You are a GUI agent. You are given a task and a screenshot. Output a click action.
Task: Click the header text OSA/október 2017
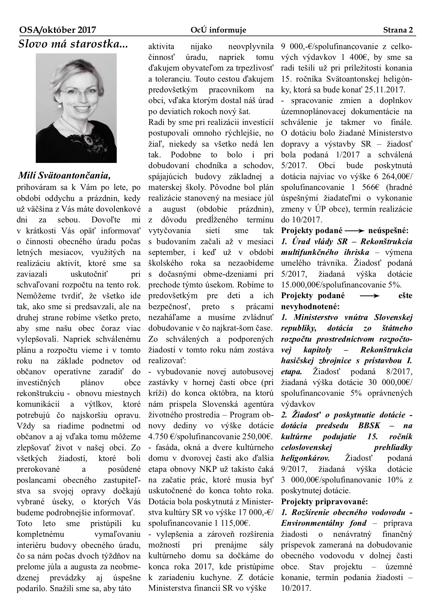coord(58,30)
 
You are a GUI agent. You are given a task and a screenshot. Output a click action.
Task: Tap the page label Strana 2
coord(398,30)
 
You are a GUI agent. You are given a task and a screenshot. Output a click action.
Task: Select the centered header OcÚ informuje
coord(218,30)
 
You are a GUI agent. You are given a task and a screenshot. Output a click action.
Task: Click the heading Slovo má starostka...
coord(73,44)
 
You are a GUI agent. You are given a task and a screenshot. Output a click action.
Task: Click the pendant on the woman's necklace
coord(88,139)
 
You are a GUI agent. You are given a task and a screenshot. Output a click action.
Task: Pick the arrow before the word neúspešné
coord(355,231)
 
